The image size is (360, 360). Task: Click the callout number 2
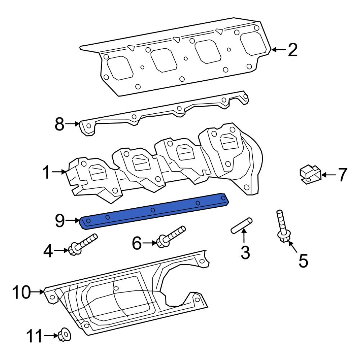[x=293, y=50]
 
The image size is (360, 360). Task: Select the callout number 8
[x=59, y=125]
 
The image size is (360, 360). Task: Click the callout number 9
[x=60, y=220]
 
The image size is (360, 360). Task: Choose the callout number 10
[x=21, y=292]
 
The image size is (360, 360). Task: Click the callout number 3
[x=245, y=252]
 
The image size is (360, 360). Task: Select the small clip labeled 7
[x=309, y=175]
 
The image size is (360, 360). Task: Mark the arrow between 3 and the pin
[x=244, y=237]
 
